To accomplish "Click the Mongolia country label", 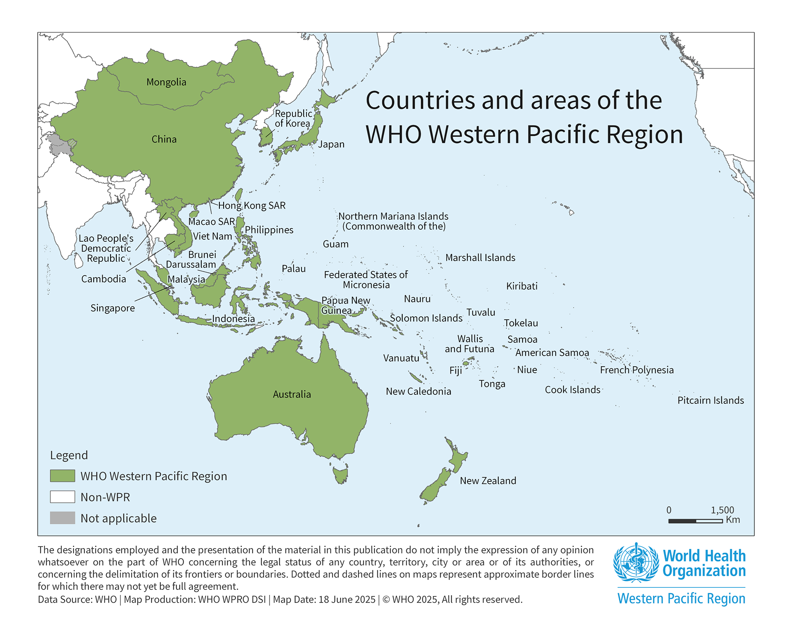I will [166, 82].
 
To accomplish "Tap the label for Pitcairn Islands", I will [710, 400].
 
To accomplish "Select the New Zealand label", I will [488, 481].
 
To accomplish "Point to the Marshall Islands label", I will [480, 258].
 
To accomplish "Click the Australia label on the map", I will [292, 394].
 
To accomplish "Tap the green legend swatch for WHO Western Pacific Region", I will [62, 476].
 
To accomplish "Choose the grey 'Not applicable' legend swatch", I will [62, 518].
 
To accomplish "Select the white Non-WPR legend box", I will [62, 497].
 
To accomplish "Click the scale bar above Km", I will [695, 521].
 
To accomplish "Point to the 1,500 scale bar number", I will [722, 510].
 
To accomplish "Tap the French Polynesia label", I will [636, 370].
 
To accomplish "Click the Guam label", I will [335, 244].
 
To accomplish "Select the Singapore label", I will [113, 308].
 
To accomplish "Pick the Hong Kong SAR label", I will [252, 205].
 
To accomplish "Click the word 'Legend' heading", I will [69, 455].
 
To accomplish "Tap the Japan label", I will [331, 144].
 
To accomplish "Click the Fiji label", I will [455, 370].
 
